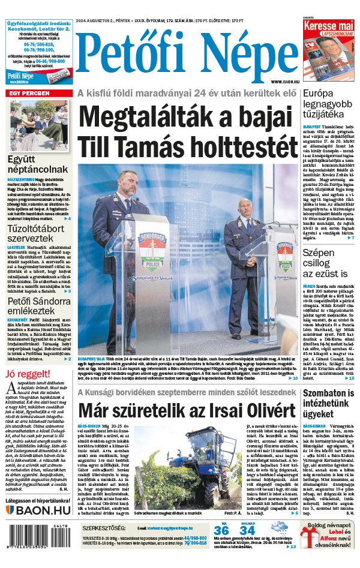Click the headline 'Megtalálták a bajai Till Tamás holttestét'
(187, 131)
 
